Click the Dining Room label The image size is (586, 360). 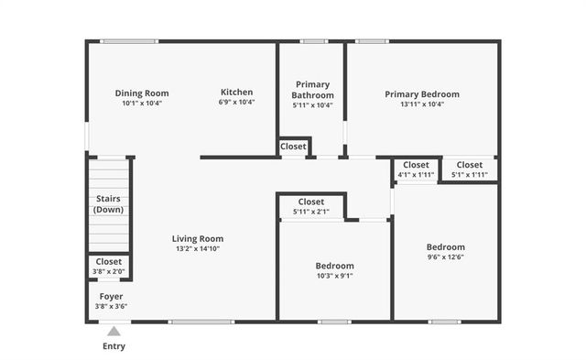(x=142, y=93)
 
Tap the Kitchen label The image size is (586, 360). (x=236, y=92)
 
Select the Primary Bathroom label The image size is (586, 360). (x=312, y=90)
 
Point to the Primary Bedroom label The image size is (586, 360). (x=422, y=93)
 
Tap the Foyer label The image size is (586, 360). (x=111, y=296)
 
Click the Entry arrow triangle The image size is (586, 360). (x=114, y=332)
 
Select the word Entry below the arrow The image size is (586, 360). (x=114, y=346)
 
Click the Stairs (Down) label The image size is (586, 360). (x=109, y=203)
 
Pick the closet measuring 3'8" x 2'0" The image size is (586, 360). (x=110, y=266)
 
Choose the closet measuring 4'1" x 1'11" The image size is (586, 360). (x=416, y=169)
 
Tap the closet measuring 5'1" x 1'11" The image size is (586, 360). (x=470, y=169)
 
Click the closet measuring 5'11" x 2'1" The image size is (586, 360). (x=310, y=206)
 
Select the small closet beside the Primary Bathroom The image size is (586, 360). (x=293, y=147)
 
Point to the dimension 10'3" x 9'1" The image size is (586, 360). (x=334, y=276)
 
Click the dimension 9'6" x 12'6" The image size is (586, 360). (x=445, y=256)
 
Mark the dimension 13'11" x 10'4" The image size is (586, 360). (x=422, y=104)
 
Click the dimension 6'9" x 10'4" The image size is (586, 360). (x=236, y=103)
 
